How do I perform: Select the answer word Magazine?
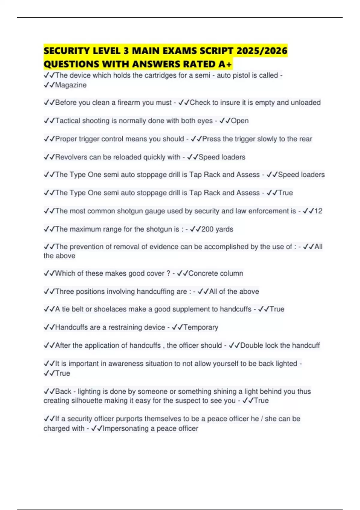[71, 85]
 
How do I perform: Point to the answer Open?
[240, 121]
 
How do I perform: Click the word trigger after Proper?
[89, 139]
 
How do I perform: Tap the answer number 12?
[318, 211]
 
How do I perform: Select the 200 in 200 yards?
[207, 229]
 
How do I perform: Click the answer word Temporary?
[201, 327]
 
